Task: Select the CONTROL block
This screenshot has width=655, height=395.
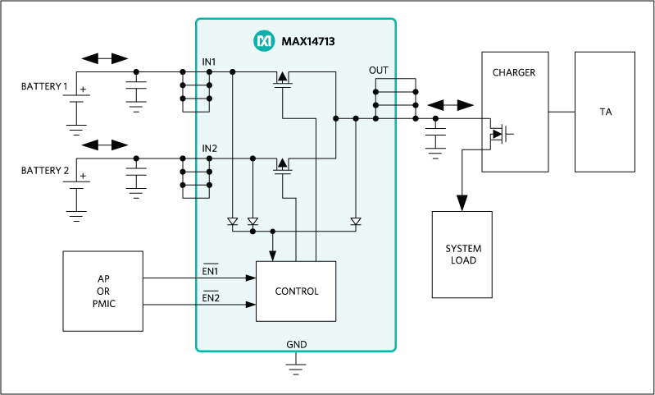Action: pyautogui.click(x=296, y=291)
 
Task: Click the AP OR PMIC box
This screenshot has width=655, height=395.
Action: pyautogui.click(x=103, y=291)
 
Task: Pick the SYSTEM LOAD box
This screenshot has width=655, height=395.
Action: pyautogui.click(x=462, y=255)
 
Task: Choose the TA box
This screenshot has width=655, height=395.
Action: pyautogui.click(x=605, y=112)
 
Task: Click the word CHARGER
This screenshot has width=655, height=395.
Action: pyautogui.click(x=514, y=72)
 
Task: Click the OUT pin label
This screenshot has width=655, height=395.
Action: pyautogui.click(x=379, y=71)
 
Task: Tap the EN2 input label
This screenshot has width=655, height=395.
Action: pyautogui.click(x=211, y=297)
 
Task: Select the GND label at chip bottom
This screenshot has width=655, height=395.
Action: pyautogui.click(x=296, y=344)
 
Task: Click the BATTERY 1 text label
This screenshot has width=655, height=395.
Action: pyautogui.click(x=44, y=86)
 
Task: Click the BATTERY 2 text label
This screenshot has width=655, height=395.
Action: pyautogui.click(x=44, y=171)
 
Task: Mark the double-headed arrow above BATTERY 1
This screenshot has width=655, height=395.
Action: pyautogui.click(x=105, y=58)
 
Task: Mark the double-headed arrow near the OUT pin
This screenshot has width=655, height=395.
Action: pyautogui.click(x=451, y=106)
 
